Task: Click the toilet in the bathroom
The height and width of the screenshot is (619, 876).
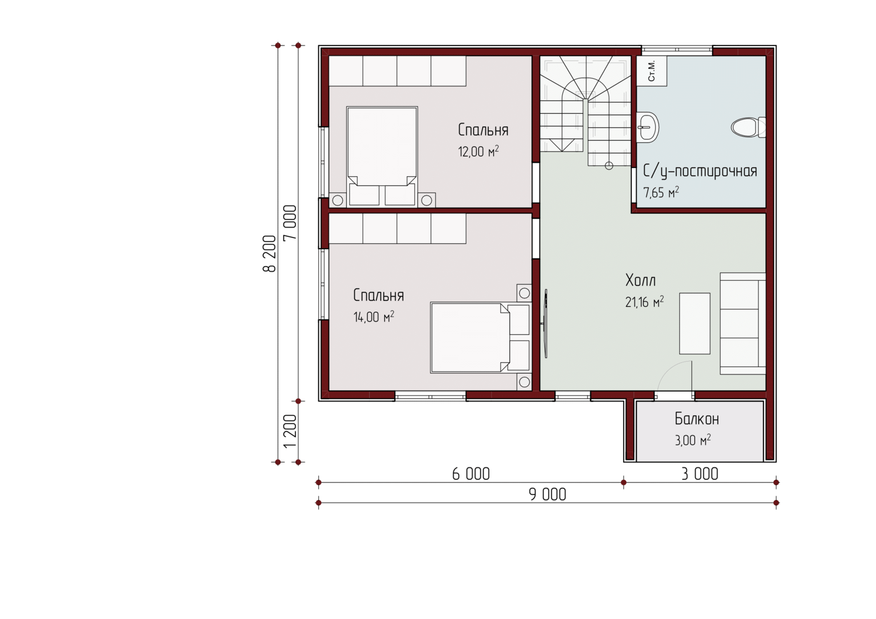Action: coord(748,127)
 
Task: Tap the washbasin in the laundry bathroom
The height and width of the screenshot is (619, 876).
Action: coord(648,127)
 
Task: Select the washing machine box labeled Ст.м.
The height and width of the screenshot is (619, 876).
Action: coord(652,71)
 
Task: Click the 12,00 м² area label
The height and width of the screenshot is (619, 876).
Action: coord(478,151)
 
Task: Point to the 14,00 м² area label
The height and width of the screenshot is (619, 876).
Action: coord(374,317)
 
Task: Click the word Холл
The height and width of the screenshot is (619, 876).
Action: coord(640,280)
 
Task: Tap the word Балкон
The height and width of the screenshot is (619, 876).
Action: coord(697,419)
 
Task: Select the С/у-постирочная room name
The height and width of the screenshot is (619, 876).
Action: coord(700,171)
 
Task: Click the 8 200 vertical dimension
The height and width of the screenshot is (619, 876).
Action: coord(269,253)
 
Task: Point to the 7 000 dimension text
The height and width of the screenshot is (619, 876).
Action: coord(290,222)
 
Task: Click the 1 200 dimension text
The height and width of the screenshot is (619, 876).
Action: coord(290,431)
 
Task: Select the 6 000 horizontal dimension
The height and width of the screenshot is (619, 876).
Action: coord(471,474)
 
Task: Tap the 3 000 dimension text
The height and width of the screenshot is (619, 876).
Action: coord(700,474)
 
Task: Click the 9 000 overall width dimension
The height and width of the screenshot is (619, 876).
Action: coord(548,495)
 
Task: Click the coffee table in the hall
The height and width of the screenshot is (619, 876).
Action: coord(694,324)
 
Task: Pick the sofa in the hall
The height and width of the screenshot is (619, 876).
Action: coord(743,324)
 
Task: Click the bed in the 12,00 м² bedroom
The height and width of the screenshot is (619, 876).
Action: coord(382,156)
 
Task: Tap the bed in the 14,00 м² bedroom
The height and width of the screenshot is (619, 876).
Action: coord(481,337)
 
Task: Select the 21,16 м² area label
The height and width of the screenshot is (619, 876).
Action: coord(644,302)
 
